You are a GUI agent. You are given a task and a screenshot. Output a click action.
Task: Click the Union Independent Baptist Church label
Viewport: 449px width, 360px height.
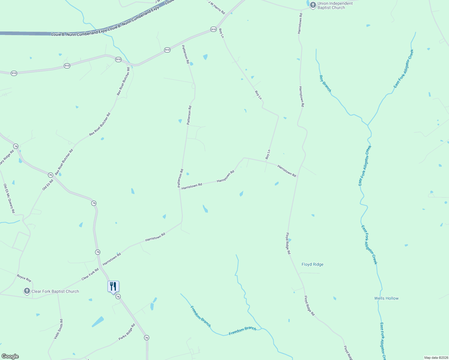[335, 6]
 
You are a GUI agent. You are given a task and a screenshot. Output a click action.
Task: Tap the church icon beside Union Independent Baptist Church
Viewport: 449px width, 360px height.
[313, 5]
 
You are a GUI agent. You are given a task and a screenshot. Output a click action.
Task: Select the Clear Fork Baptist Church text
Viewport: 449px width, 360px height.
[55, 291]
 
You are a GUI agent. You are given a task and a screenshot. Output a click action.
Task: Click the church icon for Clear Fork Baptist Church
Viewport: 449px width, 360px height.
[27, 291]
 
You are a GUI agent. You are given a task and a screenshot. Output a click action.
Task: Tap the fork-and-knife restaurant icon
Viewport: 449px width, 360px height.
[113, 286]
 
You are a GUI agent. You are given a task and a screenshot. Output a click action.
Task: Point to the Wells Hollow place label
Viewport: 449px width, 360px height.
[386, 298]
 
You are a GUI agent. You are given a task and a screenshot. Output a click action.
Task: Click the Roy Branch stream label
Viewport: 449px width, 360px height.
[325, 83]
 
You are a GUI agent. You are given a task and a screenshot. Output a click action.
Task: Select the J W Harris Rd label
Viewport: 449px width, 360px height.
[216, 7]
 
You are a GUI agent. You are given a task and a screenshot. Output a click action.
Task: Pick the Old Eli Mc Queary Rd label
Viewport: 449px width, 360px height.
[9, 198]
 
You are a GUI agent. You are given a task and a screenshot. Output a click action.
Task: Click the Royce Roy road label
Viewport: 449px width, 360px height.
[24, 278]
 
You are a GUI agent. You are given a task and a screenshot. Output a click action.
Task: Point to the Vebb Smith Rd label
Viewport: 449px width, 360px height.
[59, 329]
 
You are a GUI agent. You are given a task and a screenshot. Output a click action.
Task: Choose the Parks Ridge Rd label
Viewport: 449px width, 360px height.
[127, 332]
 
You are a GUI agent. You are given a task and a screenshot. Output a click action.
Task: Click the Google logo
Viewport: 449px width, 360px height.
[10, 356]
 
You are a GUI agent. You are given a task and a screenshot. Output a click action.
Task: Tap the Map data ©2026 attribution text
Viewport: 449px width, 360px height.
[436, 358]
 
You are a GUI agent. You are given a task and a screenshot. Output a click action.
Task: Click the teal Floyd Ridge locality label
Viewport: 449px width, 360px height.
[312, 264]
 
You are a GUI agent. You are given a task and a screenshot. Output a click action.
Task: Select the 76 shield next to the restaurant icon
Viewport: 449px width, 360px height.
[118, 296]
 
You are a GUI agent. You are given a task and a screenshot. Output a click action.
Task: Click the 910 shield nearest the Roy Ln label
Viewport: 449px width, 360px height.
[213, 29]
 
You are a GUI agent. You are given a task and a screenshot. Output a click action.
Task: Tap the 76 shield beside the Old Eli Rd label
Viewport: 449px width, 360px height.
[50, 175]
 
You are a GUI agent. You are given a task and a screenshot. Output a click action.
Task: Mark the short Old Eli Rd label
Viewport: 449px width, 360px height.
[48, 184]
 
